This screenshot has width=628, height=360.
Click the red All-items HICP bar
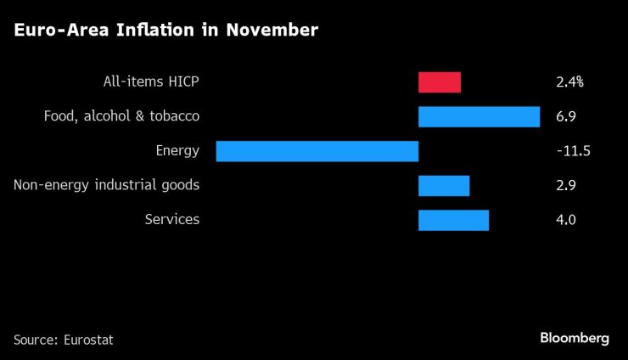[440, 82]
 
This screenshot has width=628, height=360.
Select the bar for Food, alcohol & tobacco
[479, 116]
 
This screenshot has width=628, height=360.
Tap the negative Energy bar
[317, 151]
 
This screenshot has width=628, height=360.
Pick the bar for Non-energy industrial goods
[444, 185]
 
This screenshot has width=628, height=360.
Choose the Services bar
[454, 220]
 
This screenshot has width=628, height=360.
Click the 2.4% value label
[570, 82]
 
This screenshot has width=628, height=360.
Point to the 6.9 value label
[566, 116]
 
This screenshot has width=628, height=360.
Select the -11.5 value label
[573, 151]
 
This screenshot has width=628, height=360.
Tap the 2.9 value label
[566, 185]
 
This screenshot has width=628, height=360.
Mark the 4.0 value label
[566, 220]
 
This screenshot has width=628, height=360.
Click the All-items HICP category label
[149, 82]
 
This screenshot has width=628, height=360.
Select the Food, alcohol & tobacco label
[121, 116]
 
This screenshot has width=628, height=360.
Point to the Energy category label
[177, 151]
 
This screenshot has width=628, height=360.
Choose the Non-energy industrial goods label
[107, 185]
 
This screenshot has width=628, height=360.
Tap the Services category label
[172, 220]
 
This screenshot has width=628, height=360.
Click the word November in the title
[272, 31]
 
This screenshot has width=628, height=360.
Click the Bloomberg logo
[575, 338]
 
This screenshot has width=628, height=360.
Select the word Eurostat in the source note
[88, 340]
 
